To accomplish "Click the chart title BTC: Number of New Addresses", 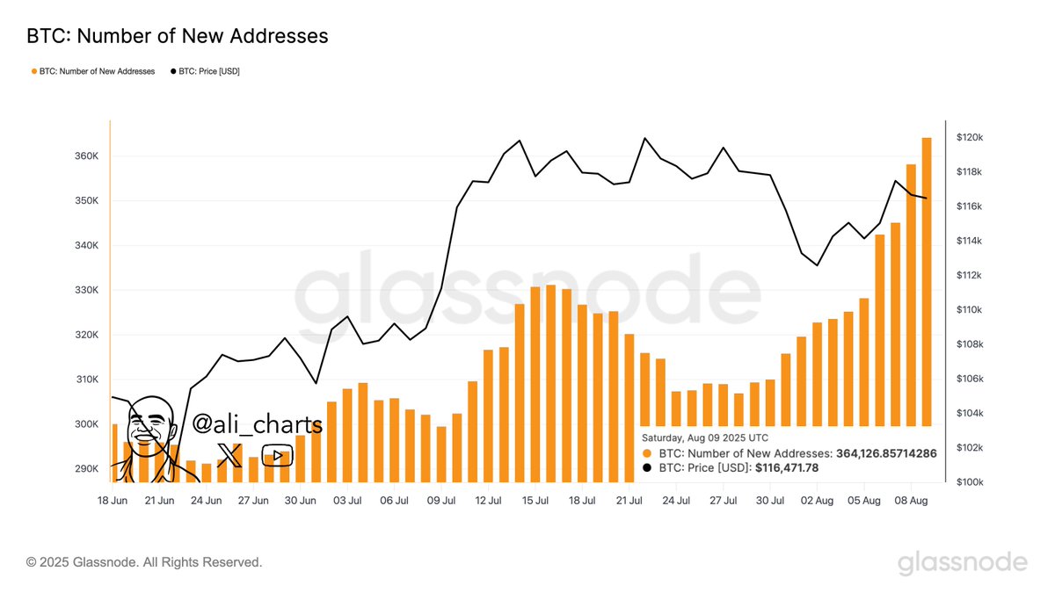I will pyautogui.click(x=177, y=36).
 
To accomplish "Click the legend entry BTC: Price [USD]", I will pyautogui.click(x=204, y=71).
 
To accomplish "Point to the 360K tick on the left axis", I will pyautogui.click(x=86, y=156).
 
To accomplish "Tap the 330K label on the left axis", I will pyautogui.click(x=86, y=290).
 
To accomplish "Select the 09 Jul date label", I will pyautogui.click(x=440, y=500).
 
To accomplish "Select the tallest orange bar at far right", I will pyautogui.click(x=927, y=307).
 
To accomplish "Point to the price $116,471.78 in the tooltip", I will pyautogui.click(x=787, y=468).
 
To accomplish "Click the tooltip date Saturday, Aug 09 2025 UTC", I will pyautogui.click(x=706, y=438).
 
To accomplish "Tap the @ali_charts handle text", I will pyautogui.click(x=257, y=424).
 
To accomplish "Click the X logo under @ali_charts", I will pyautogui.click(x=228, y=455).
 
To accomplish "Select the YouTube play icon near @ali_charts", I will pyautogui.click(x=277, y=455).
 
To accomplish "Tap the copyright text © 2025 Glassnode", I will pyautogui.click(x=144, y=561).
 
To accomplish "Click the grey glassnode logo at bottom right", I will pyautogui.click(x=962, y=562).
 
